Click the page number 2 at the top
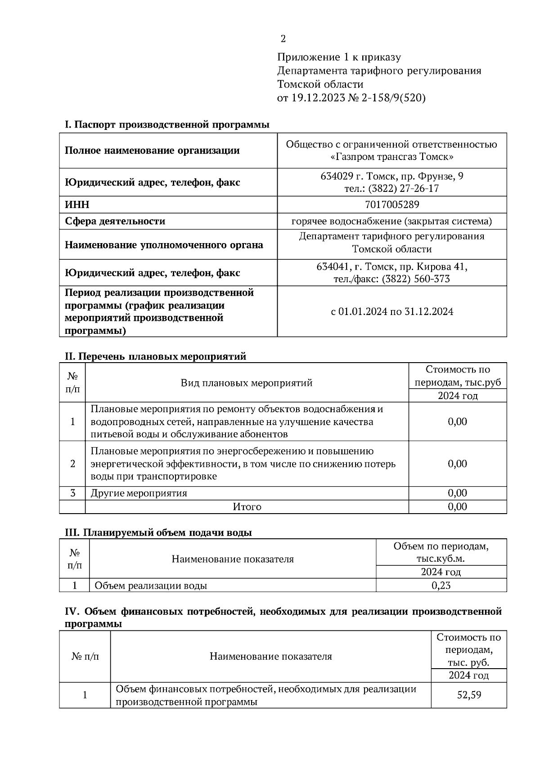pos(283,39)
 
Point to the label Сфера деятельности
pos(115,221)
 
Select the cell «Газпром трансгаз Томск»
pos(391,157)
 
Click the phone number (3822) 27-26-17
pos(403,189)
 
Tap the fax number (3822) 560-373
pos(415,279)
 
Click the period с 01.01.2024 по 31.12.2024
pos(391,311)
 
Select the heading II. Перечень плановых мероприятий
pos(156,356)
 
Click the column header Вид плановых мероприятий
pos(247,383)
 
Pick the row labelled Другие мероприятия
pos(139,493)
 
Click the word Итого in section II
pos(247,507)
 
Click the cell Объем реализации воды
pos(151,586)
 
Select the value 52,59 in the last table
pos(469,695)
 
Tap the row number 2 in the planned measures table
pos(72,464)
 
